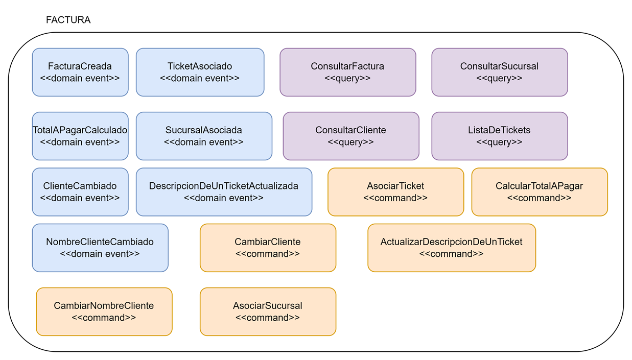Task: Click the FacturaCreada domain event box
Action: click(80, 72)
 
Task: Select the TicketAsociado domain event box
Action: click(200, 72)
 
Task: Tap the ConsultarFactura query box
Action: click(347, 72)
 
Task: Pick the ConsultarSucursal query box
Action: click(499, 72)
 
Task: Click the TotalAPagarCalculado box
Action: click(80, 136)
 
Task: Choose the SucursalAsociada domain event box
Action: click(203, 136)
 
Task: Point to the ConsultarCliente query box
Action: click(350, 136)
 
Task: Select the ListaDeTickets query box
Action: click(499, 136)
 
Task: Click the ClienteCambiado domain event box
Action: click(80, 191)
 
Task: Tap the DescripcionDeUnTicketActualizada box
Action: click(224, 191)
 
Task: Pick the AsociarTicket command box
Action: click(395, 191)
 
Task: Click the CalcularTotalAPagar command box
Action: click(539, 191)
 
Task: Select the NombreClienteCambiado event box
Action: click(100, 248)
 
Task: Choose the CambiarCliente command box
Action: click(268, 248)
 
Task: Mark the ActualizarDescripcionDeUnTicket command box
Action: click(451, 248)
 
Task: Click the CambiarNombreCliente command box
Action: click(104, 311)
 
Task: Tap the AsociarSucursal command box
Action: click(268, 311)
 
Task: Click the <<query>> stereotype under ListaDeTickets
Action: click(499, 142)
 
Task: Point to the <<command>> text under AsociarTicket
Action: click(395, 198)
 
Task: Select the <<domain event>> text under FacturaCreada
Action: click(80, 79)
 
